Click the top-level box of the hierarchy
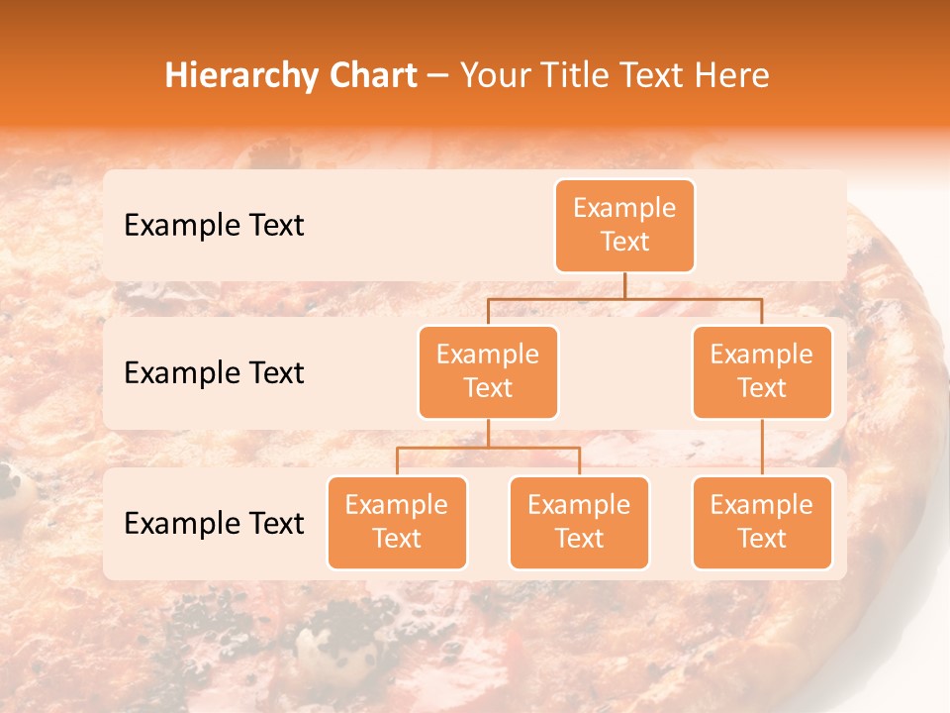coord(624,226)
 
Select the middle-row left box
coord(488,372)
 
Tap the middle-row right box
coord(762,372)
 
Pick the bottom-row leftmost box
coord(397,523)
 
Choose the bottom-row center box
coord(579,523)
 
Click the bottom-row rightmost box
coord(762,523)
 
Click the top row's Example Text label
coord(214,226)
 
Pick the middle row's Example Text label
coord(214,373)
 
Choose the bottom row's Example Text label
coord(214,524)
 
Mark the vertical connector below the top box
coord(624,285)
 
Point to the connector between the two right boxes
coord(762,447)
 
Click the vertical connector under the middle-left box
coord(488,433)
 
